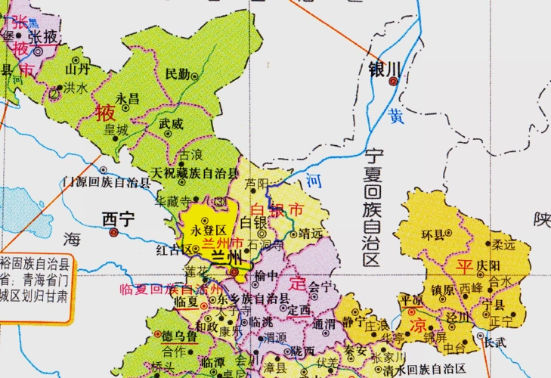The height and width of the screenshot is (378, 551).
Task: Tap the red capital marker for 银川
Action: coord(392,82)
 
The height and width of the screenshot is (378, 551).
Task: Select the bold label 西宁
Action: coord(118,219)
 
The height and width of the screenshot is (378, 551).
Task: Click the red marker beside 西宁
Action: coord(113,233)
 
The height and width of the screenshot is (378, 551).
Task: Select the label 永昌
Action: coord(128,98)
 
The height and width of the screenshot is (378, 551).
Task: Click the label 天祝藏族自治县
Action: coord(189,172)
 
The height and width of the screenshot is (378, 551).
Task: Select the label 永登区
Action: coord(209,230)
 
